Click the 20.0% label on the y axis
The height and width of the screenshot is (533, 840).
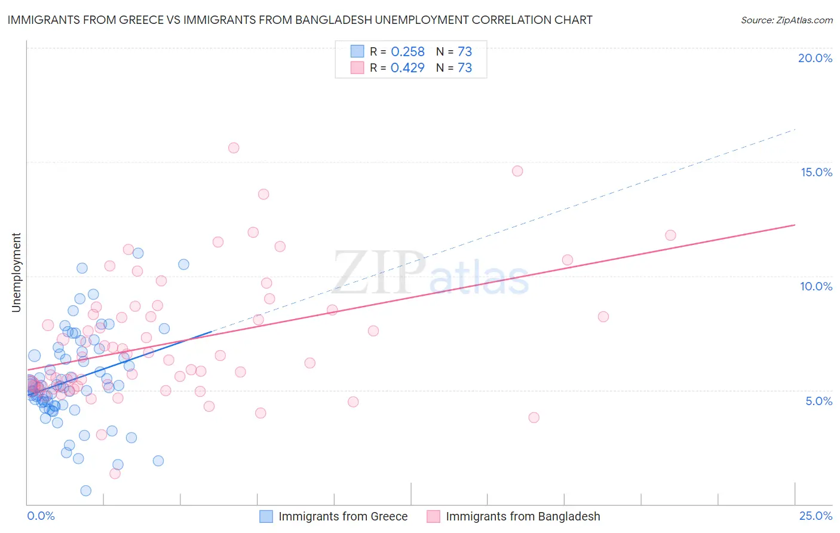(815, 58)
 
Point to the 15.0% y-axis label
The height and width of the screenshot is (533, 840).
(816, 172)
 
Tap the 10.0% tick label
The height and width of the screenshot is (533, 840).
(816, 286)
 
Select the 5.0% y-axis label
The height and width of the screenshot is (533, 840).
(818, 401)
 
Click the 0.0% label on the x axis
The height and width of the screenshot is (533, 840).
(41, 516)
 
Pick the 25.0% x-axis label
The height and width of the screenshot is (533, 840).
(816, 516)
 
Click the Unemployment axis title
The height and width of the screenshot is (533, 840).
(16, 272)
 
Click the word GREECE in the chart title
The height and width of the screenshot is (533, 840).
(137, 20)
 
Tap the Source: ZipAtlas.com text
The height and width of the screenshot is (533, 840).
(786, 20)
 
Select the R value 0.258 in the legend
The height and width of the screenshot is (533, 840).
(407, 52)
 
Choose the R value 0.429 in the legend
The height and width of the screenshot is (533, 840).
(407, 68)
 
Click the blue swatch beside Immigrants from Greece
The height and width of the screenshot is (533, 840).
(266, 516)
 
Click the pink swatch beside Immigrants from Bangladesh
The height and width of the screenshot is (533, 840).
(433, 516)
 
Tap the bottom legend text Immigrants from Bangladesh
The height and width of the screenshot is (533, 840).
(523, 516)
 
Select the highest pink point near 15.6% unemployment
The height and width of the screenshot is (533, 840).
(234, 148)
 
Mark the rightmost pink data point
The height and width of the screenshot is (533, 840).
(670, 235)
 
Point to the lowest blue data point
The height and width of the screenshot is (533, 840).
(86, 491)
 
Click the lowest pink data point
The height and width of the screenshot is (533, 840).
(115, 473)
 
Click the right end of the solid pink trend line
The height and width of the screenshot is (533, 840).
(795, 225)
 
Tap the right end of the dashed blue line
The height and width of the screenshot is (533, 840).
(795, 130)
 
